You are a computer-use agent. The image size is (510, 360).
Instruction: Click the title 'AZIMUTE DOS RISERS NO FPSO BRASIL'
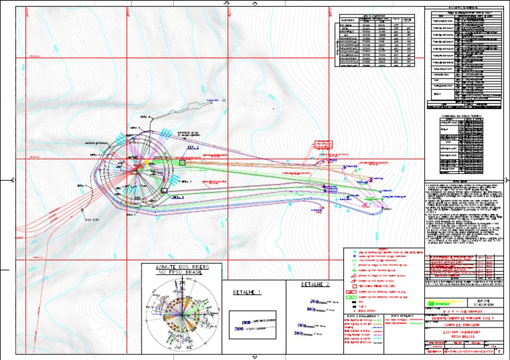(179, 269)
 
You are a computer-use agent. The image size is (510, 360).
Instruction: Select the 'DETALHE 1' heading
(246, 292)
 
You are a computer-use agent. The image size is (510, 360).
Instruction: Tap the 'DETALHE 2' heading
(315, 285)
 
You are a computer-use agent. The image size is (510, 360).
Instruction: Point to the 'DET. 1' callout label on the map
(177, 197)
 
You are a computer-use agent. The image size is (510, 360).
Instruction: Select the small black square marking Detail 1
(164, 191)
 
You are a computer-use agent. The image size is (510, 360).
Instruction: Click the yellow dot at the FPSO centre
(141, 162)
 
